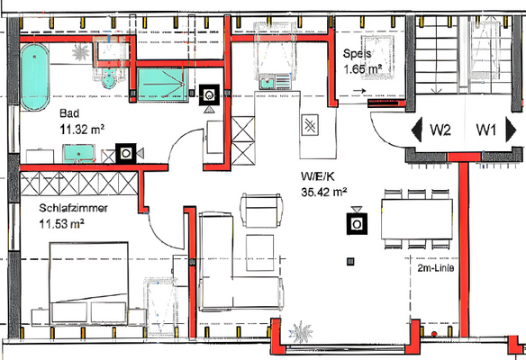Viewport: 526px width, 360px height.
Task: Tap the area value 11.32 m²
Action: [x=82, y=130]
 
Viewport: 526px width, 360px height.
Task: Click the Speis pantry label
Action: [x=358, y=53]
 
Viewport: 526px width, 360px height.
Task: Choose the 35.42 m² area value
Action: [x=323, y=192]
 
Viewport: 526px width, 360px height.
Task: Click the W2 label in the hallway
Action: [x=440, y=130]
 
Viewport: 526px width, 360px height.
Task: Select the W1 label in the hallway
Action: [x=487, y=130]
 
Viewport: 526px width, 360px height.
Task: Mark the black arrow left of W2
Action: [x=416, y=130]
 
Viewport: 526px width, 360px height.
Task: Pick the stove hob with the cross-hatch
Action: [x=310, y=125]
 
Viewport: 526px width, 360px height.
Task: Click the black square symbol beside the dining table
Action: [x=357, y=222]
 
